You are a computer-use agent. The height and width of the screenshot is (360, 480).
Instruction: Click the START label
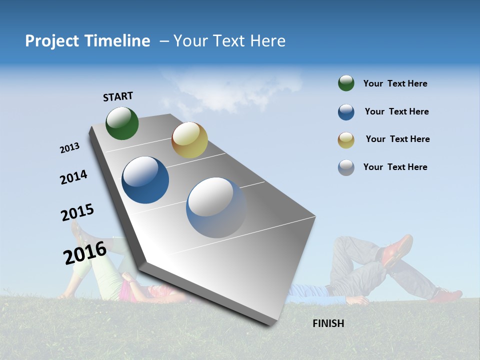click(x=118, y=96)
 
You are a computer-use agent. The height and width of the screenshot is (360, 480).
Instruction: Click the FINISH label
click(x=328, y=323)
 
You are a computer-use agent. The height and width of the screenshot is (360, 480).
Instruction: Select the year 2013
click(x=69, y=148)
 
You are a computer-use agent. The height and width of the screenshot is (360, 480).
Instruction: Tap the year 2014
click(x=73, y=177)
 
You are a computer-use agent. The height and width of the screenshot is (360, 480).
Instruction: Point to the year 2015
click(x=77, y=212)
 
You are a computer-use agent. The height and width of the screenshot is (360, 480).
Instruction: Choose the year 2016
click(x=85, y=253)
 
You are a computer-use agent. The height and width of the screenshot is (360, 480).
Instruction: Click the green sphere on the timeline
click(x=122, y=123)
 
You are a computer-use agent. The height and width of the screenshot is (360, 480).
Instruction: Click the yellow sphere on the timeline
click(x=189, y=140)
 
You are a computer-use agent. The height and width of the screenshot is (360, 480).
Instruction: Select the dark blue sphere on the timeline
click(x=145, y=180)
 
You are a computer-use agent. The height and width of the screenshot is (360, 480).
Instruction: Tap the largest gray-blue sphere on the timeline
click(x=216, y=207)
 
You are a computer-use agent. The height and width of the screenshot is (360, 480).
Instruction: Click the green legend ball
click(x=346, y=83)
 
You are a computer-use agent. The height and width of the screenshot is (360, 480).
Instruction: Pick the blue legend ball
click(x=346, y=112)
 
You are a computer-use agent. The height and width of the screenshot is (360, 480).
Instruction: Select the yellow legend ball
click(x=346, y=139)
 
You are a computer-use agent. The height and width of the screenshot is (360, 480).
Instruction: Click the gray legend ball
click(x=346, y=167)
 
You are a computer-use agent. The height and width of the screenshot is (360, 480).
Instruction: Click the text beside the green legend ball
click(x=395, y=84)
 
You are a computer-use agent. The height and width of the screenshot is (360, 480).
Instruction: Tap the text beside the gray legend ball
click(x=395, y=167)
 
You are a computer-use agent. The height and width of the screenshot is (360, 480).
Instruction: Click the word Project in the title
click(x=49, y=41)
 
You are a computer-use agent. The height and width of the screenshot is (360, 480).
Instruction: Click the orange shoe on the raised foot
click(x=397, y=249)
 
